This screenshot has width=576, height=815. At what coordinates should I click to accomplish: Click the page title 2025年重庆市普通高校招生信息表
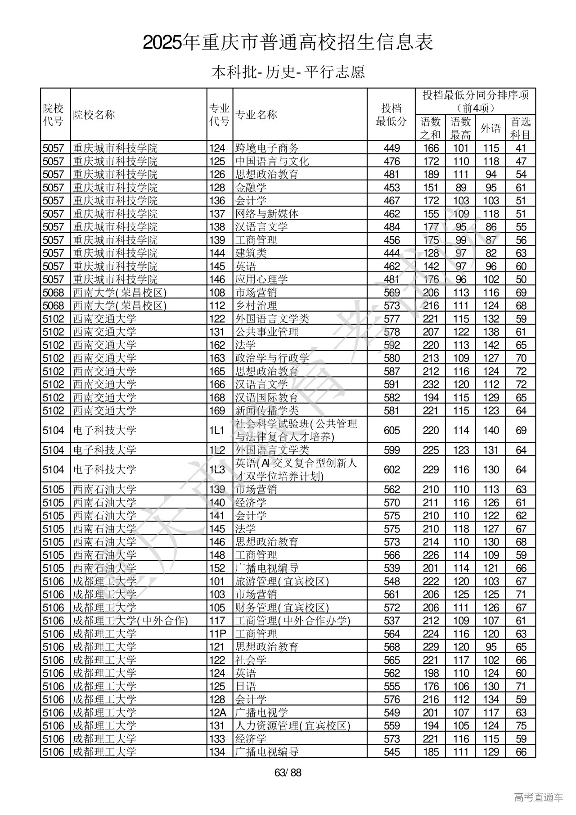pos(288,43)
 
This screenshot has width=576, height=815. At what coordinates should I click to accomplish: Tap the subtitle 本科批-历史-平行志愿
pos(288,72)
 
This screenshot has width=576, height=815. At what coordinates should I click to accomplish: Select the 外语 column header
pos(490,128)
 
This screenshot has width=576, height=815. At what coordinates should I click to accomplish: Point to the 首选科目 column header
pos(521,128)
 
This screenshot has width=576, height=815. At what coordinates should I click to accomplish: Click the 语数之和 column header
pos(430,128)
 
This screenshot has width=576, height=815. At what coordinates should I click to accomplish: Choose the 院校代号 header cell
pos(54,115)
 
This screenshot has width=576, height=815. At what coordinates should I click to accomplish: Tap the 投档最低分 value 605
pos(391,430)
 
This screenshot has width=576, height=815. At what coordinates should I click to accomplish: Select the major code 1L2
pos(217,450)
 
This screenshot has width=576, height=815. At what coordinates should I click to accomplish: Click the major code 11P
pos(217,634)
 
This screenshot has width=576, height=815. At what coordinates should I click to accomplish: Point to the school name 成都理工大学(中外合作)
pos(130,621)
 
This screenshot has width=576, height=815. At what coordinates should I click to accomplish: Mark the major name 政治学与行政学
pos(272,358)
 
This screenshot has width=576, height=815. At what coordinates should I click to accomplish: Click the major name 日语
pos(246,686)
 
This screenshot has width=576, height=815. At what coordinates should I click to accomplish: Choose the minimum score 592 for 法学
pos(391,345)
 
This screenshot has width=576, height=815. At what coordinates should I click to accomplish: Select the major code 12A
pos(217,712)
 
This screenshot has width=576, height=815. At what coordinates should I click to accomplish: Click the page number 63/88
pos(288,773)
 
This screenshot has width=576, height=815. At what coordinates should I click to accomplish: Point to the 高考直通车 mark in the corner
pos(538,797)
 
